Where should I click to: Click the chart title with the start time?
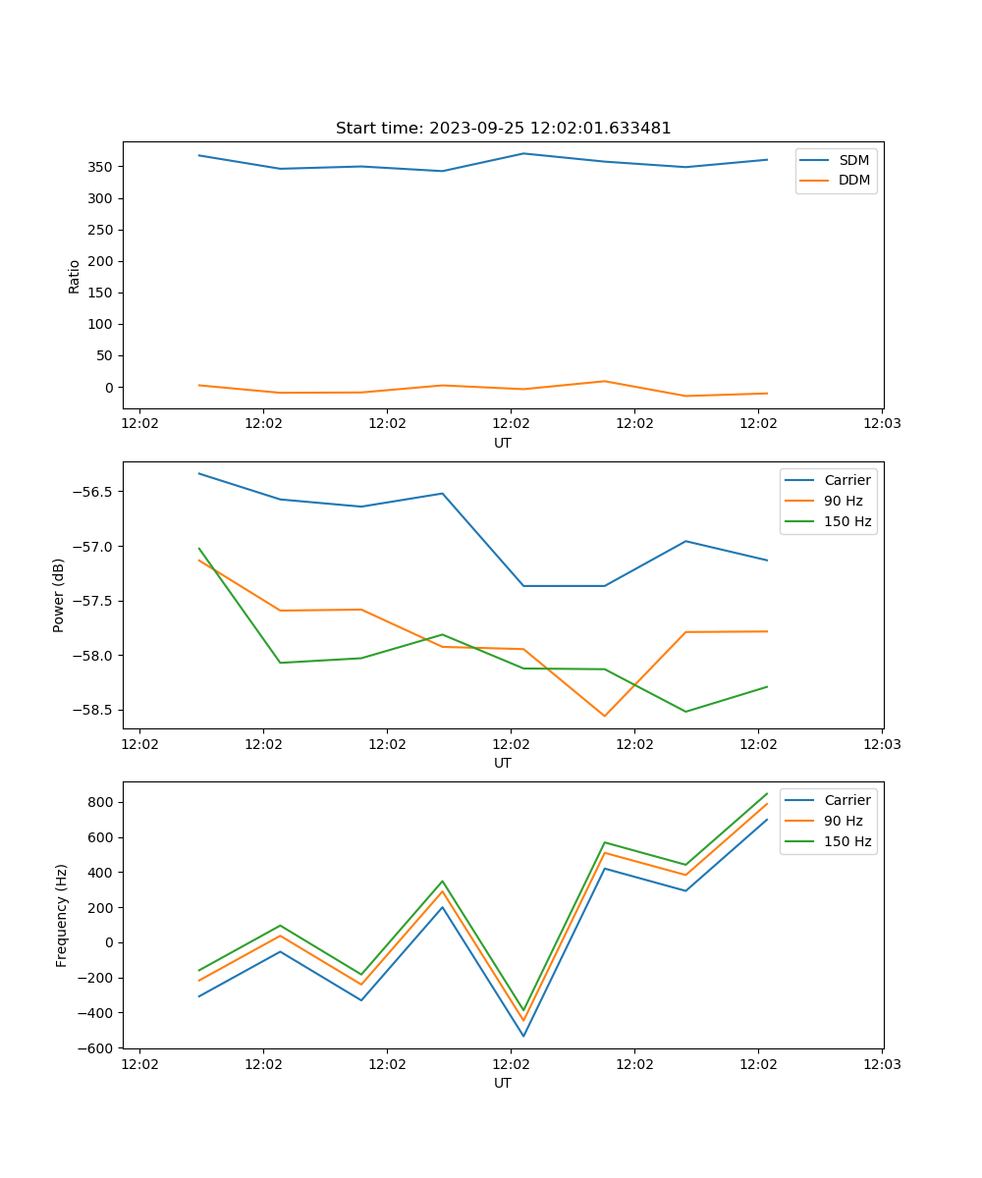click(x=503, y=129)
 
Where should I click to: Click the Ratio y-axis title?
click(x=75, y=276)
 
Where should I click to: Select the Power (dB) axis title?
click(x=59, y=595)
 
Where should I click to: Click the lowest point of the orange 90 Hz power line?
click(x=604, y=716)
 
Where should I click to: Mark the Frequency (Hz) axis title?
click(x=62, y=915)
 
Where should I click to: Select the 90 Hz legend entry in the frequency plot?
click(x=844, y=821)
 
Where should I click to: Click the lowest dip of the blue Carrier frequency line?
click(x=523, y=1036)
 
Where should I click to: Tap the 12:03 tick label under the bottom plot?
click(x=882, y=1063)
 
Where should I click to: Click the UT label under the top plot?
click(x=503, y=443)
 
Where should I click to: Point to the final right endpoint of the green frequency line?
click(x=767, y=793)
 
